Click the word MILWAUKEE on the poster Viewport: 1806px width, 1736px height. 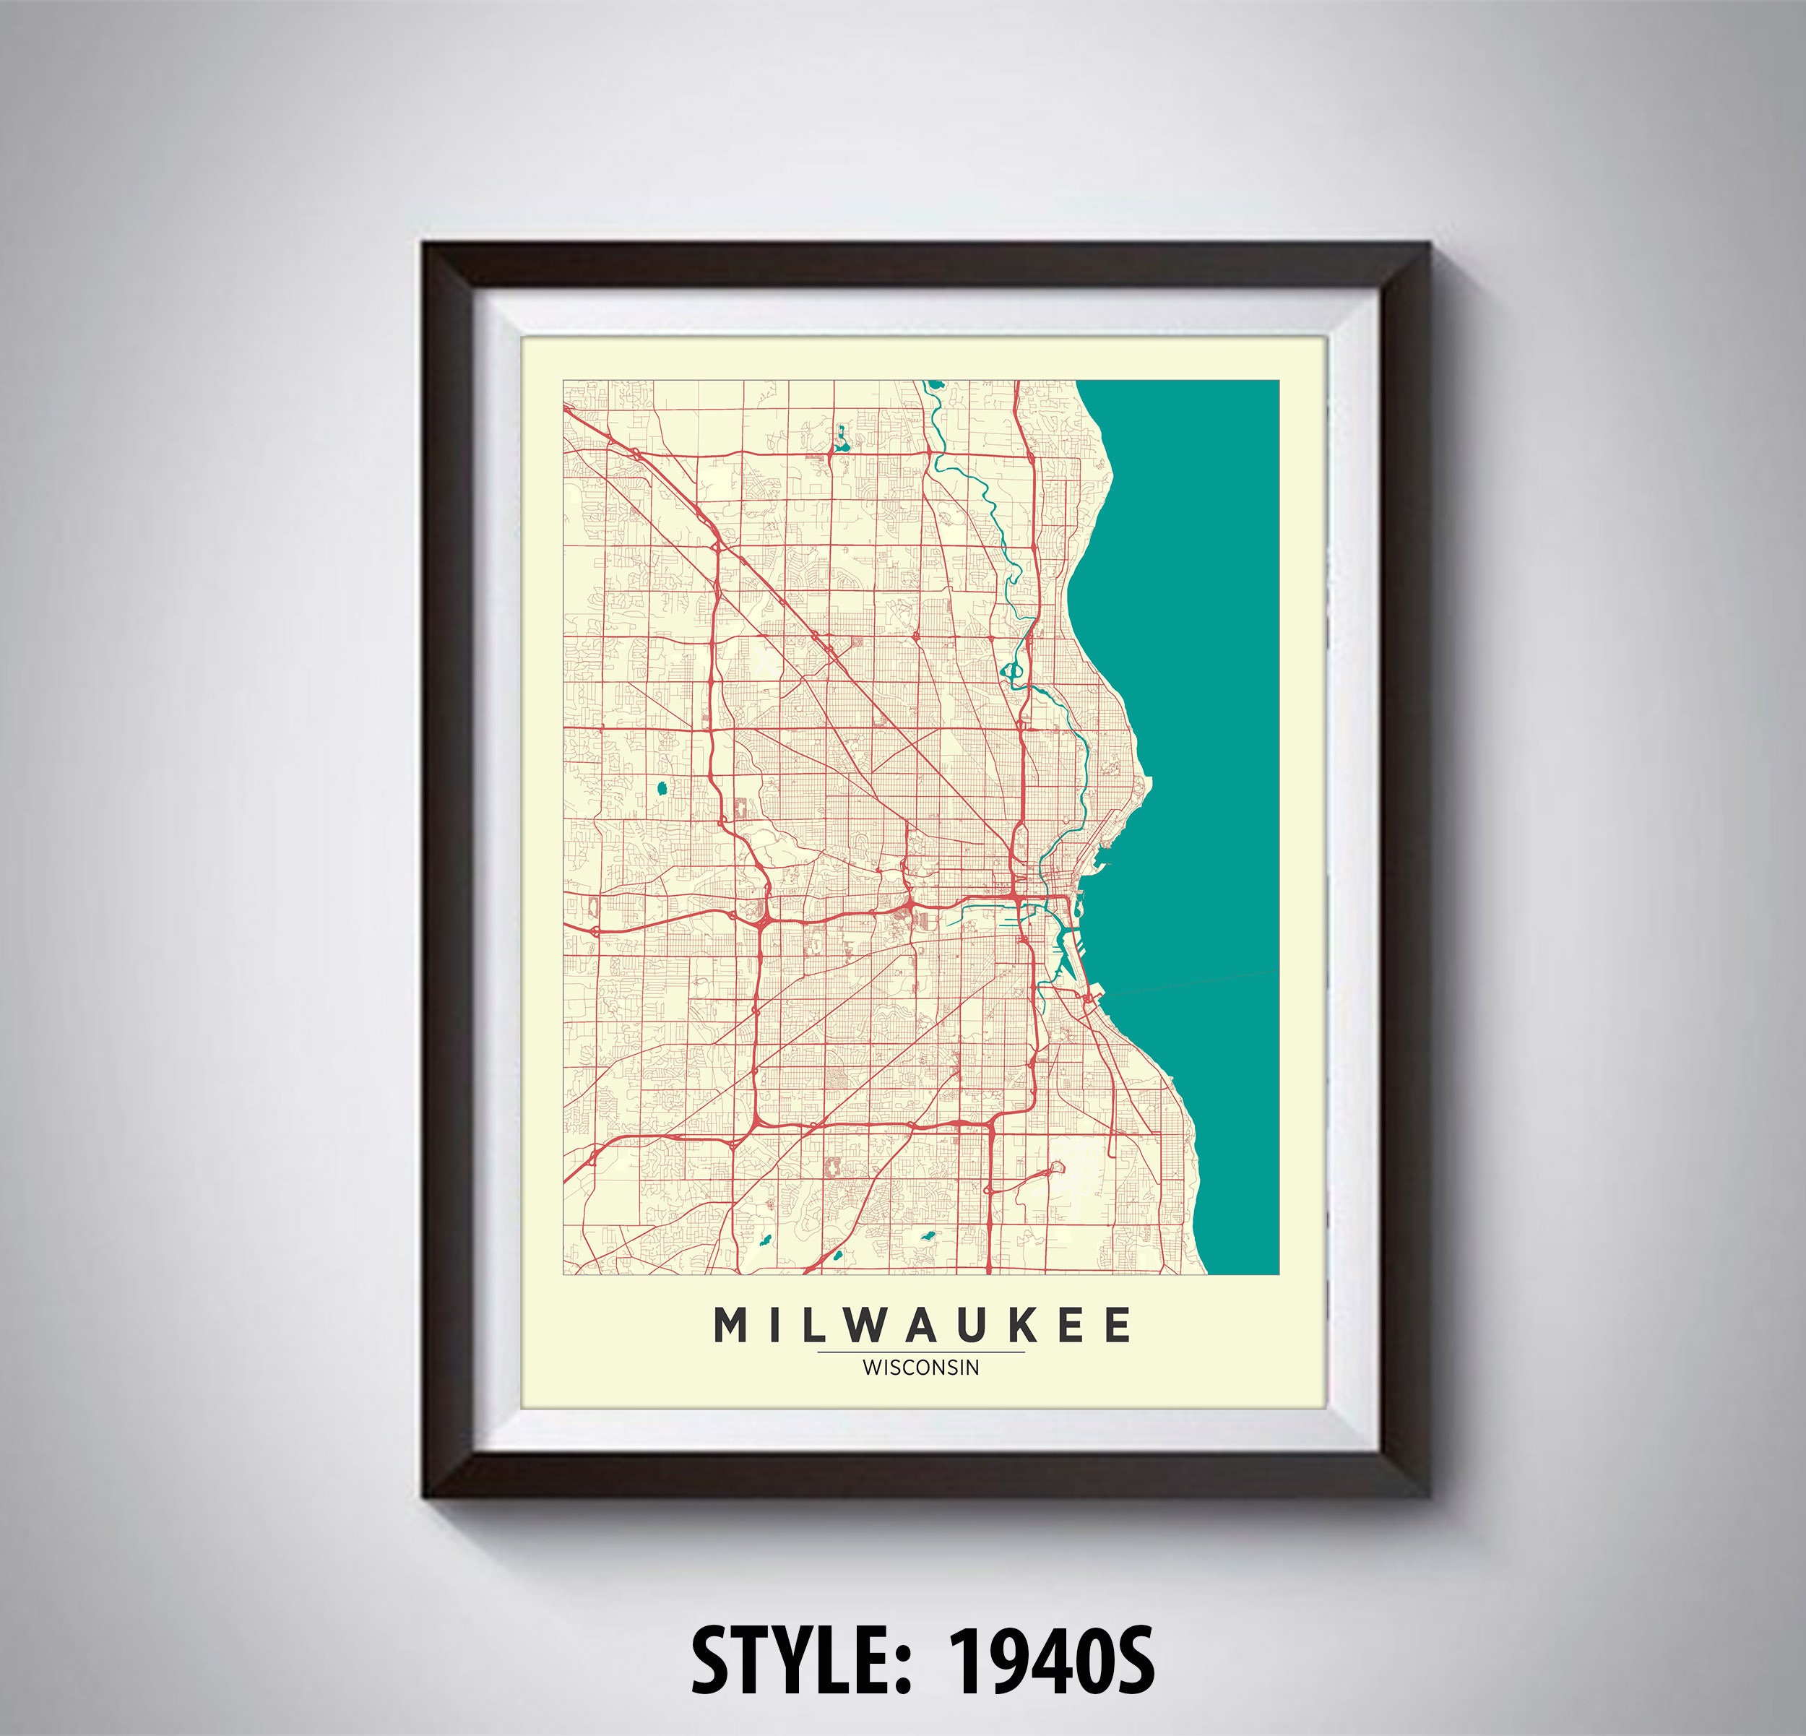pos(922,1325)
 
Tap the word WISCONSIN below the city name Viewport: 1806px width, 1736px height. pos(920,1368)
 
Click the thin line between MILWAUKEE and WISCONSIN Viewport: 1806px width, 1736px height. pos(920,1352)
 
